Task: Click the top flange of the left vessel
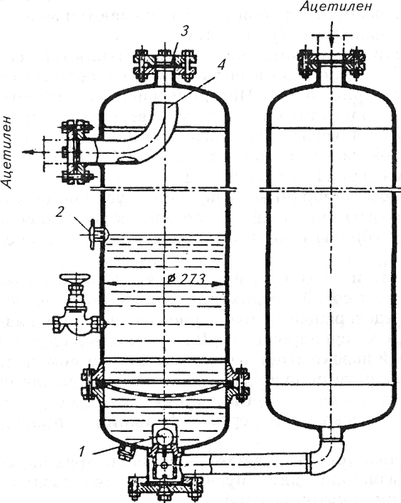tap(165, 62)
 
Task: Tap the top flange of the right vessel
tap(332, 61)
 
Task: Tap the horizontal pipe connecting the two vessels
tap(250, 464)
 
